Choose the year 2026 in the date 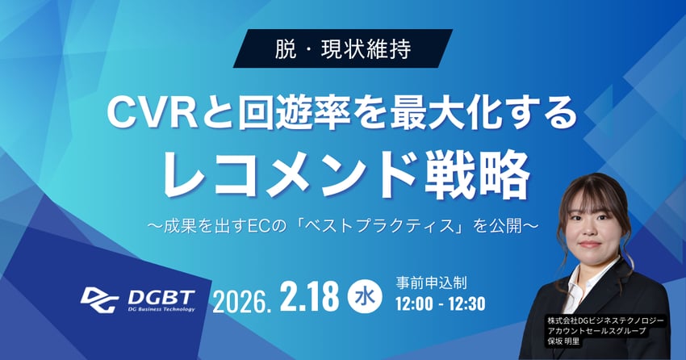[240, 300]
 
